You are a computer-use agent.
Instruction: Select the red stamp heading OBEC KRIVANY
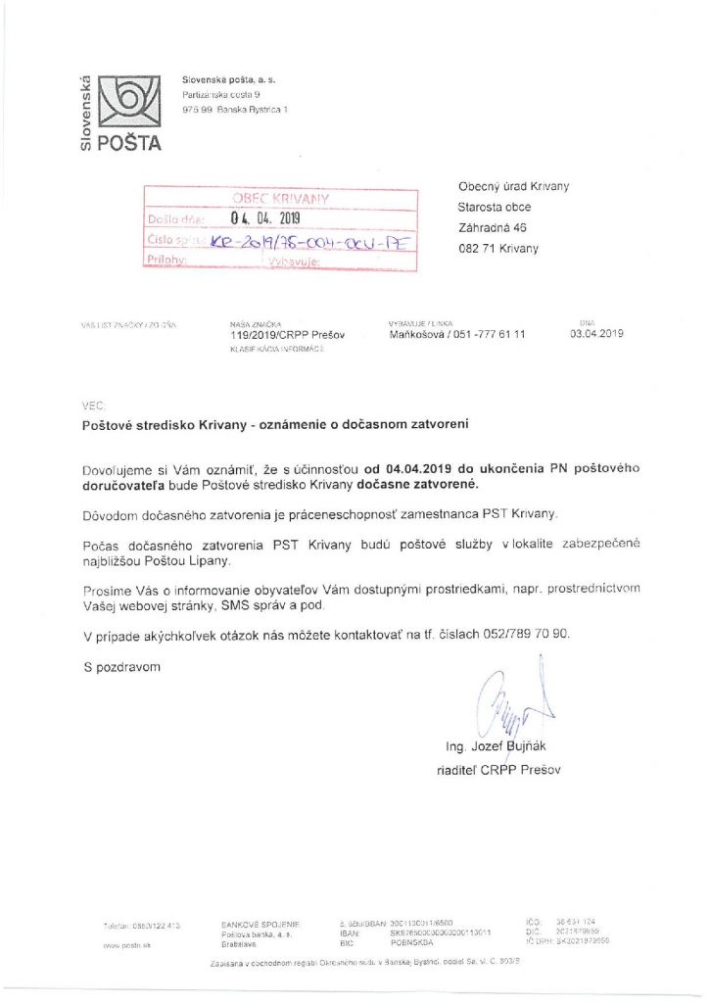click(280, 198)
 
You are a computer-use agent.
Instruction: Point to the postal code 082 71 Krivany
click(497, 248)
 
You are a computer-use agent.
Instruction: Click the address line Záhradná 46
click(492, 227)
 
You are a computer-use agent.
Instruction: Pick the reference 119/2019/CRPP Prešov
click(277, 333)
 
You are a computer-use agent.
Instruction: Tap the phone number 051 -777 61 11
click(484, 333)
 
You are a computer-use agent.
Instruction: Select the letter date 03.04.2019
click(596, 333)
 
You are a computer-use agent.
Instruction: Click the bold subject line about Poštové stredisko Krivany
click(276, 425)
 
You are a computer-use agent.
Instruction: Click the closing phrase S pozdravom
click(119, 667)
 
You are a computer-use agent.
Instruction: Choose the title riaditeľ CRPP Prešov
click(497, 770)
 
